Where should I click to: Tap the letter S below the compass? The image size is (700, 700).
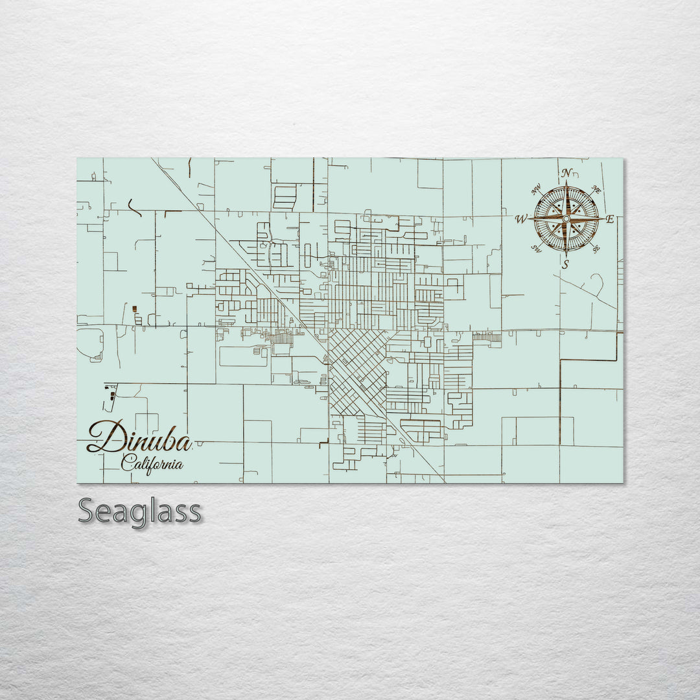565,264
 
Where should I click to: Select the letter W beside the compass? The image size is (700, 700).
520,220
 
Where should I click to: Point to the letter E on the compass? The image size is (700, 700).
609,219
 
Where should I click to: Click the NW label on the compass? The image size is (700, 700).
537,191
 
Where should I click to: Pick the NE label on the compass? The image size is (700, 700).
597,190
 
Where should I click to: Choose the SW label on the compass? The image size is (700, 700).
536,247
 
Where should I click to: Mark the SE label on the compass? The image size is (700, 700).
596,248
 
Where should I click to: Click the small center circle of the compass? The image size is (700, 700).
566,219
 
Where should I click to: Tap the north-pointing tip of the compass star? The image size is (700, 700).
566,183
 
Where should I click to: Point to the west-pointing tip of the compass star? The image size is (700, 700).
530,220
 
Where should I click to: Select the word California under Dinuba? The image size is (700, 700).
152,463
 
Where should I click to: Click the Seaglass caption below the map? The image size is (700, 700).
139,511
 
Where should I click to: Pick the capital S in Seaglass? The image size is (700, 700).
87,511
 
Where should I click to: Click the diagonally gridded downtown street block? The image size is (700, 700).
358,373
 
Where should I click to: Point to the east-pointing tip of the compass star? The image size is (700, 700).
603,219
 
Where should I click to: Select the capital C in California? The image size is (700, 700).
127,462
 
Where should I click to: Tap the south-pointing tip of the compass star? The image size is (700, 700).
566,255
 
